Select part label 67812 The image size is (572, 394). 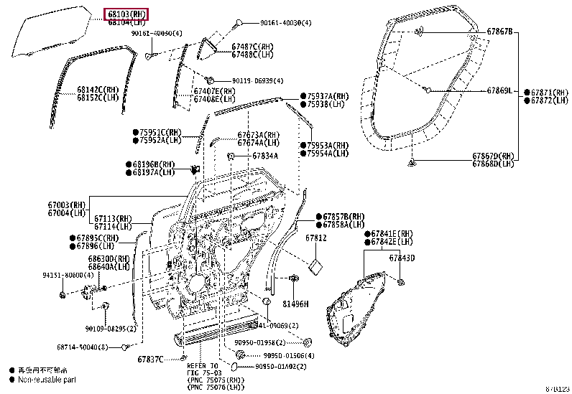[316, 238]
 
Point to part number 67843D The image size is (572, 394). [402, 258]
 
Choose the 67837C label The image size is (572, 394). [150, 359]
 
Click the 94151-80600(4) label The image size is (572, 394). [68, 275]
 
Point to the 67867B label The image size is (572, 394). [499, 32]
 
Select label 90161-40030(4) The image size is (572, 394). [285, 23]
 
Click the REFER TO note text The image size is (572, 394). [203, 365]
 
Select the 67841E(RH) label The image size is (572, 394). [392, 234]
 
